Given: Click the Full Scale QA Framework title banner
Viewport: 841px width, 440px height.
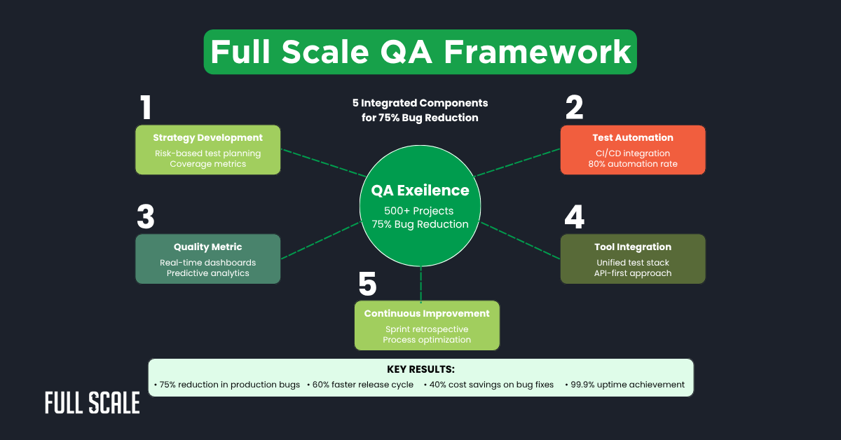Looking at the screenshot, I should tap(420, 52).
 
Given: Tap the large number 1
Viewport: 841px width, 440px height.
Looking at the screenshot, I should tap(146, 109).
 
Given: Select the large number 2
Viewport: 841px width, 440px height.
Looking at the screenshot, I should tap(574, 109).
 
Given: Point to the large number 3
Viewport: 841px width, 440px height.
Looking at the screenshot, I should tap(146, 218).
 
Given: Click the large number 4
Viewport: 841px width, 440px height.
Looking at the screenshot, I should tap(574, 218).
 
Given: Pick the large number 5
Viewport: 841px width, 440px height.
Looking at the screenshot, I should tap(367, 284).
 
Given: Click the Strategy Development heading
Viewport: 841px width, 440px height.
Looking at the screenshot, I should tap(207, 138).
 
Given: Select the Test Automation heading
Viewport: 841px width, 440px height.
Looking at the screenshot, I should tap(632, 138).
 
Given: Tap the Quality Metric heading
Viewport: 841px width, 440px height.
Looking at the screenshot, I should tap(207, 247).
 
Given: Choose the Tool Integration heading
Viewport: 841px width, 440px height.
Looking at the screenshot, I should tap(632, 247).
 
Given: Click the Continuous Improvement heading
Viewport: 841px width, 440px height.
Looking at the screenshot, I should tap(427, 313).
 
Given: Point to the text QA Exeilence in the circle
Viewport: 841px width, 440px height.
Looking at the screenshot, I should tap(420, 190).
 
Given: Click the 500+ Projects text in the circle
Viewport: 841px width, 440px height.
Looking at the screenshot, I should tap(420, 211).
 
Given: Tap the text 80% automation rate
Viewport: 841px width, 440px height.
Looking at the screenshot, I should tap(632, 165).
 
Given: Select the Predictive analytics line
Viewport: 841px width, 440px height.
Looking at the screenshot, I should tap(207, 273).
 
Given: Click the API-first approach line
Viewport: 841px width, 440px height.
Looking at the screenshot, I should tap(632, 273).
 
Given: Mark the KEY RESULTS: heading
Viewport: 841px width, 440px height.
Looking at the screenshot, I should tap(420, 369).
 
